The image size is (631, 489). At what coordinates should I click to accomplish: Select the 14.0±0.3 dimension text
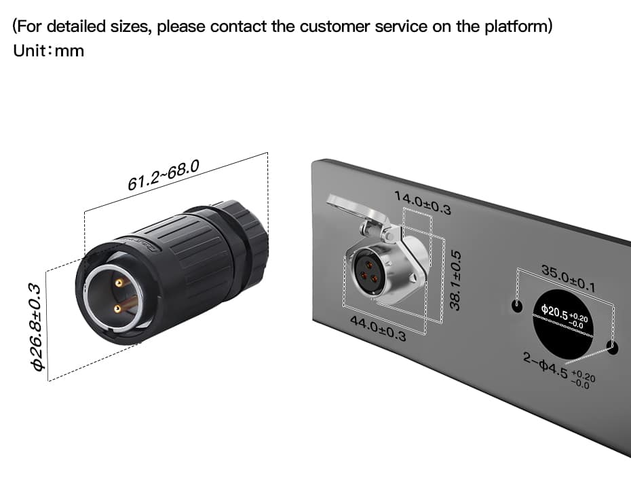422,202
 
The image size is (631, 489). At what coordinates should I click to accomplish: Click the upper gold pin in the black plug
120,281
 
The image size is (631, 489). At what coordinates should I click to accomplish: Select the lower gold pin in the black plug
118,309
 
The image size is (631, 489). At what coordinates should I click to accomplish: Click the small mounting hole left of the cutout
518,304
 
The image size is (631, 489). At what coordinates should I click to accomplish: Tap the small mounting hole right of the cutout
613,350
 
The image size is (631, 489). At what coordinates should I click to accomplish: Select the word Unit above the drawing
29,52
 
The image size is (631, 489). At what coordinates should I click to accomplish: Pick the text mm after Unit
69,52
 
